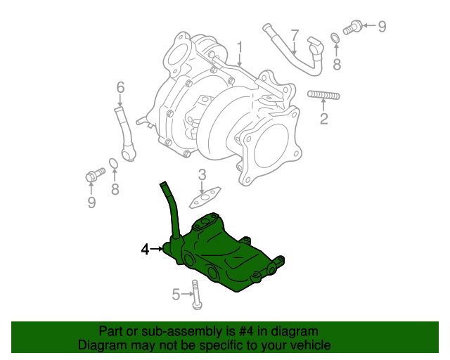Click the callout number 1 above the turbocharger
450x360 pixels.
click(239, 49)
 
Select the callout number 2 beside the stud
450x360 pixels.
click(324, 118)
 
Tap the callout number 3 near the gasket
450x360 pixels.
click(201, 175)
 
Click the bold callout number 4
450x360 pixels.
click(146, 249)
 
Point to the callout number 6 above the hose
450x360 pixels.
click(120, 88)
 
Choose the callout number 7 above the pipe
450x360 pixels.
click(295, 35)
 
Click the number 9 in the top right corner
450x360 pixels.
click(382, 27)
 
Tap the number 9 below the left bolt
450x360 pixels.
click(91, 202)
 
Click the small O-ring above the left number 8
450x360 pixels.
click(113, 165)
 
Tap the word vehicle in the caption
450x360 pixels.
click(310, 345)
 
